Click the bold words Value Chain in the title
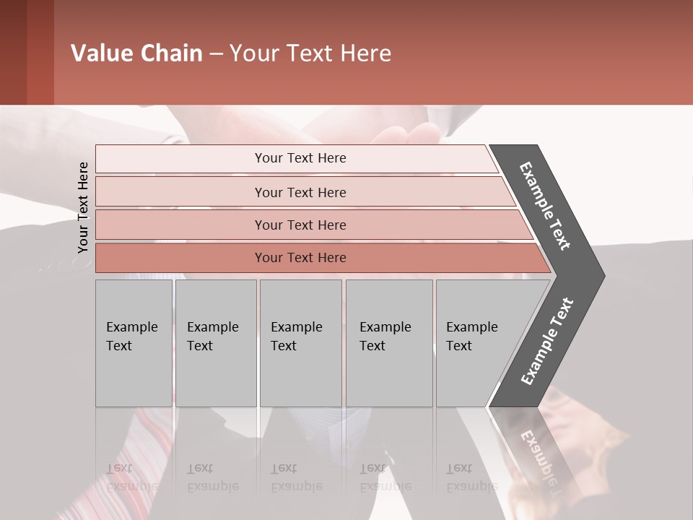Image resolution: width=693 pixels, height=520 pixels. pyautogui.click(x=136, y=53)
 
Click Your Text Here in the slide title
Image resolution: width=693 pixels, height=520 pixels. pyautogui.click(x=310, y=53)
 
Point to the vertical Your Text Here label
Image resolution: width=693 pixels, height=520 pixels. pyautogui.click(x=83, y=207)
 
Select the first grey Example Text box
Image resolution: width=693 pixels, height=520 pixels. pyautogui.click(x=134, y=343)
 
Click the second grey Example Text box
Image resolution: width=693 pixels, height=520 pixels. pyautogui.click(x=216, y=343)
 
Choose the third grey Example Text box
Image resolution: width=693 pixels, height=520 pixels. pyautogui.click(x=300, y=343)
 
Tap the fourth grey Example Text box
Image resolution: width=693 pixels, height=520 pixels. pyautogui.click(x=389, y=343)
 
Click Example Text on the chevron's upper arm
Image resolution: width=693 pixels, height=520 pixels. pyautogui.click(x=545, y=206)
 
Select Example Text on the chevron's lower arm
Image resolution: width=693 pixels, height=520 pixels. pyautogui.click(x=546, y=342)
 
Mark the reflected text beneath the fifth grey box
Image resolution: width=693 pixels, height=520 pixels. pyautogui.click(x=471, y=477)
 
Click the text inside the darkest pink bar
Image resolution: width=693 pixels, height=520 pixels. pyautogui.click(x=300, y=258)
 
